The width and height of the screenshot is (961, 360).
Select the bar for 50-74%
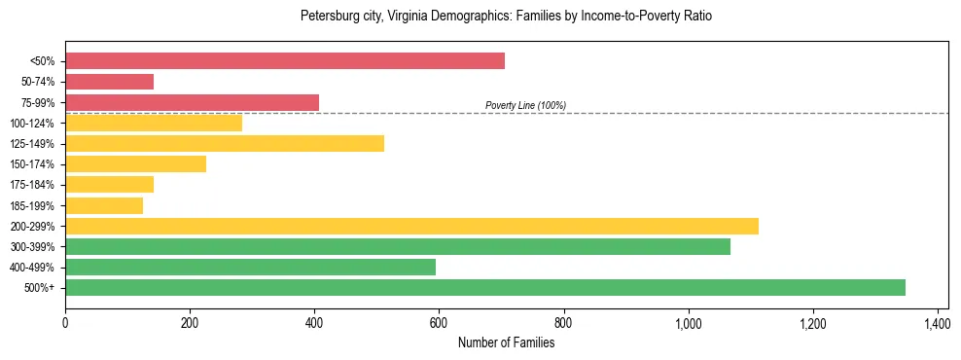pyautogui.click(x=109, y=82)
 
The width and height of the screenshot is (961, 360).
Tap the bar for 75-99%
pyautogui.click(x=192, y=102)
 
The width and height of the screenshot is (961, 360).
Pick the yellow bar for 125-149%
pyautogui.click(x=225, y=143)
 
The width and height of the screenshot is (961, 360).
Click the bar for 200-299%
pyautogui.click(x=411, y=226)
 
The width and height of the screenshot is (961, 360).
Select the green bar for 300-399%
pyautogui.click(x=398, y=247)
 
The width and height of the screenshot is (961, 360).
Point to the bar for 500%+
pyautogui.click(x=485, y=288)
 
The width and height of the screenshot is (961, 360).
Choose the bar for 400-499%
pyautogui.click(x=250, y=268)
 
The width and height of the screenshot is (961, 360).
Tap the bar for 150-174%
pyautogui.click(x=135, y=164)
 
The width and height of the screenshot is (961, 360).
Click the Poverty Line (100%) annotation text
pyautogui.click(x=525, y=105)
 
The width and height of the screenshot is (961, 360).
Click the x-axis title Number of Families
pyautogui.click(x=507, y=342)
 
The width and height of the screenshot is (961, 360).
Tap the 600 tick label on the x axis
pyautogui.click(x=439, y=322)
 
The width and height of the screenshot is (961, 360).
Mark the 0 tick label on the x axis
pyautogui.click(x=65, y=322)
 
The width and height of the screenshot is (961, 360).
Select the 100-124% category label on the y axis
pyautogui.click(x=32, y=124)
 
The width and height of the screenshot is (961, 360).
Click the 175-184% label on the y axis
pyautogui.click(x=32, y=185)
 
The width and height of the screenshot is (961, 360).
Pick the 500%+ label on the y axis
pyautogui.click(x=39, y=288)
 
